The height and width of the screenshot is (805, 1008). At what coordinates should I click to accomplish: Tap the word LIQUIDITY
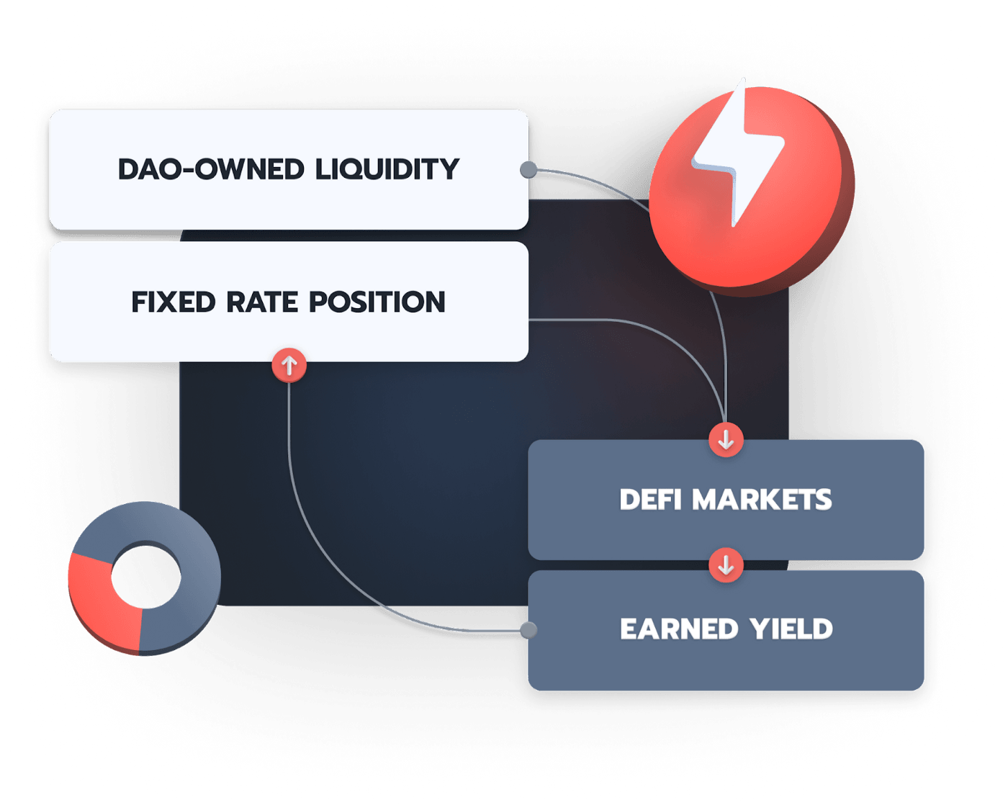(x=387, y=169)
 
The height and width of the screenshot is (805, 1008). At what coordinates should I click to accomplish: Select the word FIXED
(x=174, y=302)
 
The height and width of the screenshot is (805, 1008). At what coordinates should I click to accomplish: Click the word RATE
(x=262, y=302)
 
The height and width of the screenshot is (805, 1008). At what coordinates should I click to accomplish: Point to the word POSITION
(x=377, y=302)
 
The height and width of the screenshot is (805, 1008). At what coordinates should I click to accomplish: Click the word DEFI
(x=650, y=500)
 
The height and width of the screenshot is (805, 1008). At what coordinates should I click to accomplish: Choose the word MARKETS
(x=762, y=500)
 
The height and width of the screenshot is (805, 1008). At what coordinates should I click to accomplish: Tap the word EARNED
(x=679, y=629)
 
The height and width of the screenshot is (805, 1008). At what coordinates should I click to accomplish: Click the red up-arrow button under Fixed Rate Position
(x=289, y=365)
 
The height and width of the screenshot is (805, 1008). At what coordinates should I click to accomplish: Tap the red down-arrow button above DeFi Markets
(x=726, y=440)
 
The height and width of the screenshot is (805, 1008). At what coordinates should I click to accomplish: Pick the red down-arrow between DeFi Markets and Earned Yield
(x=726, y=565)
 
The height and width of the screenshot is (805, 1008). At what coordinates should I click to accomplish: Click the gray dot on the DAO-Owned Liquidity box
(x=528, y=170)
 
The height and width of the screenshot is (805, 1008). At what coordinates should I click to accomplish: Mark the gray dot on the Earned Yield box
(x=528, y=630)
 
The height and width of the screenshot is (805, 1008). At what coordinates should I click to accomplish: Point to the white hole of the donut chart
(x=146, y=577)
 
